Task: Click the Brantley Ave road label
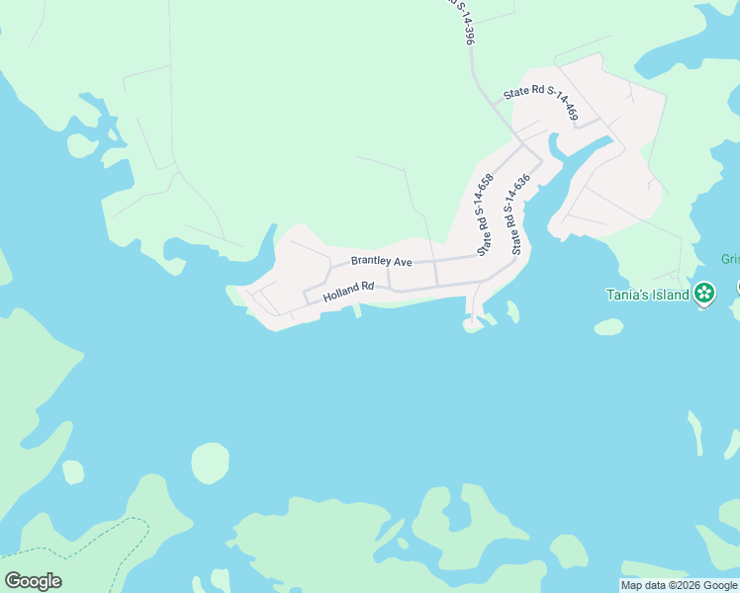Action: (381, 261)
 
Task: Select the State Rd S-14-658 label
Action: (485, 215)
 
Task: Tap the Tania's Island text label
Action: (647, 294)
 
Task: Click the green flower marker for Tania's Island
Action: (703, 293)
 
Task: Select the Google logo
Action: (33, 581)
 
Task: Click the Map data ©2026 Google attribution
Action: (679, 585)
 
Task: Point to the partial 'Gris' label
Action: (730, 260)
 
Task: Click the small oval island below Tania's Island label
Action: (609, 326)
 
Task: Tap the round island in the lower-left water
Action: (210, 463)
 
